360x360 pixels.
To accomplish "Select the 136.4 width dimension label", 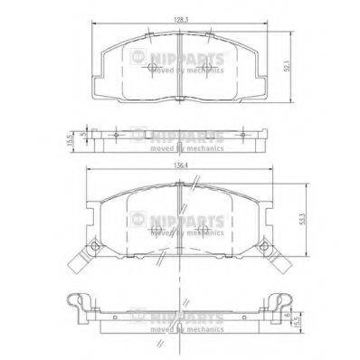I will (x=180, y=164).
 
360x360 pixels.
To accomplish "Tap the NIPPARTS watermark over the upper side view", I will (x=185, y=134).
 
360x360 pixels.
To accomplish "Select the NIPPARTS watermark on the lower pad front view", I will (x=185, y=220).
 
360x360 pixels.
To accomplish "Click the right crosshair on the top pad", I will (x=207, y=35).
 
